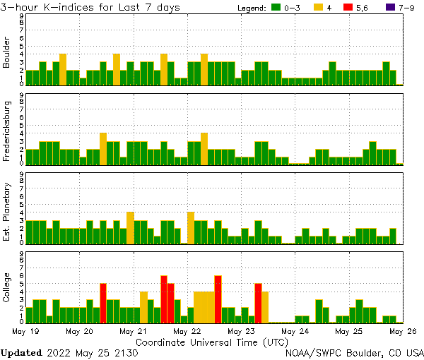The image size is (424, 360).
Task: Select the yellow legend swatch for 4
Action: coord(319,8)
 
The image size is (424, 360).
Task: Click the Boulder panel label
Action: coord(7,53)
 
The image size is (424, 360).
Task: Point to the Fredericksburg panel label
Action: coord(7,132)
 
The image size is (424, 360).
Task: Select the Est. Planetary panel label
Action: coord(7,211)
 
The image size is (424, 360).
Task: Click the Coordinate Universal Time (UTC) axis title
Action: coord(212,342)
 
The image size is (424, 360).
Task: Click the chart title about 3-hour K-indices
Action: coord(90,7)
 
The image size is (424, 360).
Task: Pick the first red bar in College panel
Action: coord(103,302)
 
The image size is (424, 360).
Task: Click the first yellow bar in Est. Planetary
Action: coord(130,227)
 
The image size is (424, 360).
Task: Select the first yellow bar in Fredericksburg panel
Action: coord(103,148)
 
